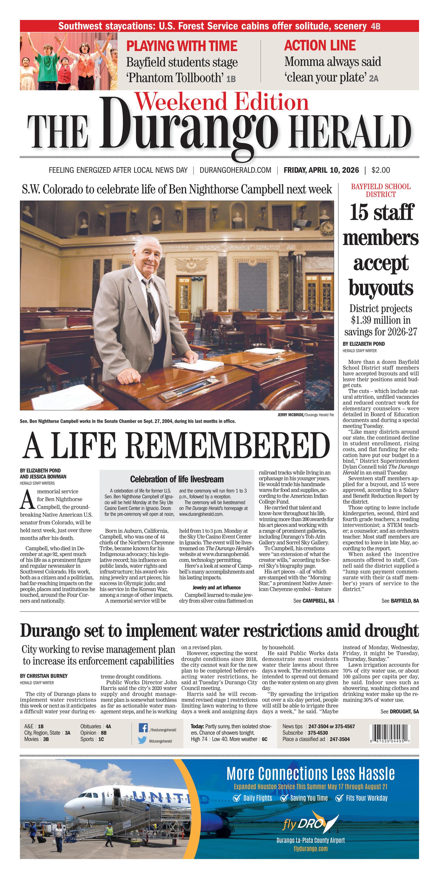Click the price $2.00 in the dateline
tap(381, 170)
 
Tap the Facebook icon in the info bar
tap(143, 728)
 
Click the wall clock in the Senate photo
tap(327, 227)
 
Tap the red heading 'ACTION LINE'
tap(320, 45)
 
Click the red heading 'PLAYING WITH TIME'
tap(182, 46)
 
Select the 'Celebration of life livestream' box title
tap(177, 479)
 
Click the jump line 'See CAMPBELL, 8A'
tap(313, 601)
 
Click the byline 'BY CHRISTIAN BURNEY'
tap(44, 676)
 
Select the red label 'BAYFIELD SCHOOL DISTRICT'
tap(381, 190)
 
